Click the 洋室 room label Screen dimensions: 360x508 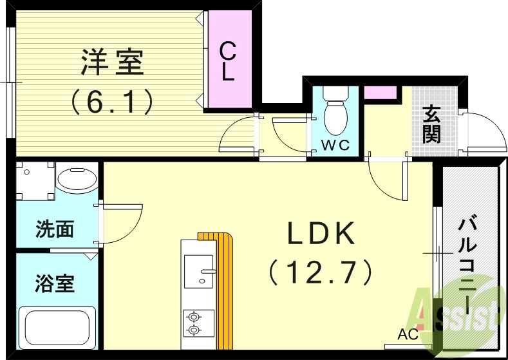(112, 62)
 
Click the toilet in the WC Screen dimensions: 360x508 (334, 112)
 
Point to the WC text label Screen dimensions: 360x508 (335, 146)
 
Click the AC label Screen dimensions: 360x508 (408, 334)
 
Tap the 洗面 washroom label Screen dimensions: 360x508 (54, 229)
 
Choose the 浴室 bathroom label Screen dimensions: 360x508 (54, 283)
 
